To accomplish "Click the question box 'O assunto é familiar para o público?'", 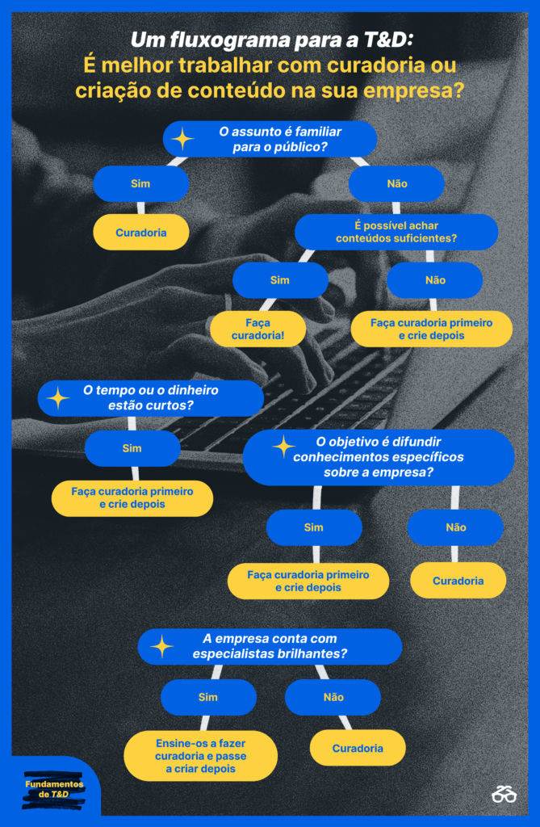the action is [270, 139].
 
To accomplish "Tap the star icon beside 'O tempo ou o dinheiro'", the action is [58, 398].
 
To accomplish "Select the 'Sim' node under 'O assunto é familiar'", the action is [140, 183].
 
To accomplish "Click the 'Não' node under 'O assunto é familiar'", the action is [396, 183].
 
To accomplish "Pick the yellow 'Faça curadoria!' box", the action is [257, 330].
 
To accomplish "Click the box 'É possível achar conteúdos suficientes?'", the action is [396, 232].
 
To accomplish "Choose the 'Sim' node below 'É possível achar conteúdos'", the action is [280, 280].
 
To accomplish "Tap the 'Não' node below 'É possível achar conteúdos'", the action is [434, 280].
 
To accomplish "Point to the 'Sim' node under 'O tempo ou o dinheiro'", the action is [132, 448].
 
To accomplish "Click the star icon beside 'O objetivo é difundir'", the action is [283, 447].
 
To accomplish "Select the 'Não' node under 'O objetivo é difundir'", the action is [455, 527].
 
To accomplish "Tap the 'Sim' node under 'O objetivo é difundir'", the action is [314, 527].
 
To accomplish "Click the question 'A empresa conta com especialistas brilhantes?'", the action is [270, 647].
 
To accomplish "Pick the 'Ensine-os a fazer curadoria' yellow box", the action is [201, 756].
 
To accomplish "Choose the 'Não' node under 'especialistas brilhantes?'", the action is [333, 697].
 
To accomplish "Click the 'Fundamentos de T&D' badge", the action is [53, 790].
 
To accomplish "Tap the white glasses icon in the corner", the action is [504, 794].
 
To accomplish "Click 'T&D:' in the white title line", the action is [388, 40].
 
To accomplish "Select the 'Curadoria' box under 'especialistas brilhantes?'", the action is [358, 748].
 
